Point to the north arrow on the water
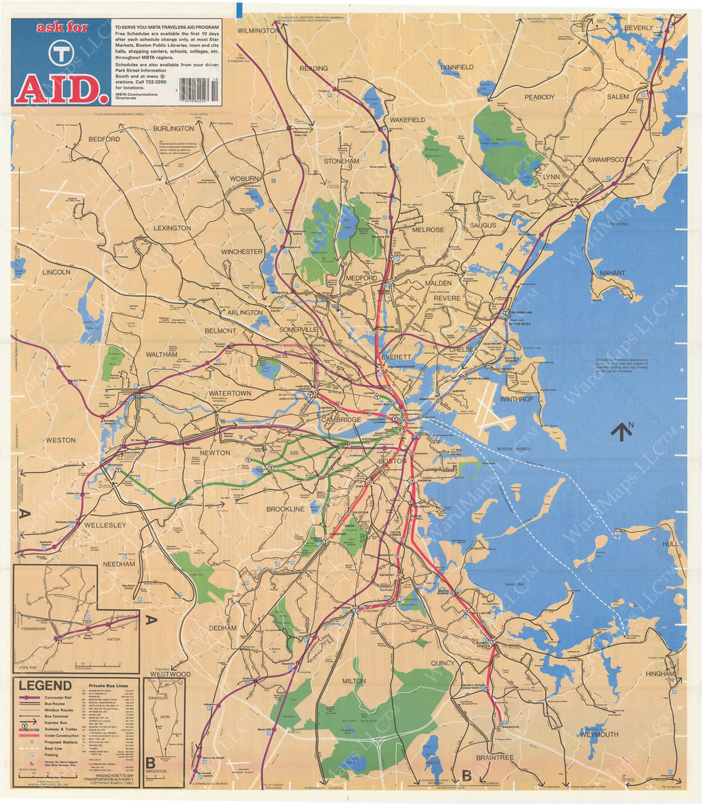pos(621,430)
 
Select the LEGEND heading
pos(45,686)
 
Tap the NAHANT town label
pos(612,272)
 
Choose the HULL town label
pos(670,544)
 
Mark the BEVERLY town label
pos(638,28)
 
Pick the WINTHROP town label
pos(516,399)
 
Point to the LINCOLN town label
pos(56,272)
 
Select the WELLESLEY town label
pos(105,525)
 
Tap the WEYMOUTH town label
pos(599,735)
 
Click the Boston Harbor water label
pos(514,449)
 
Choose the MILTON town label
pos(353,681)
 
